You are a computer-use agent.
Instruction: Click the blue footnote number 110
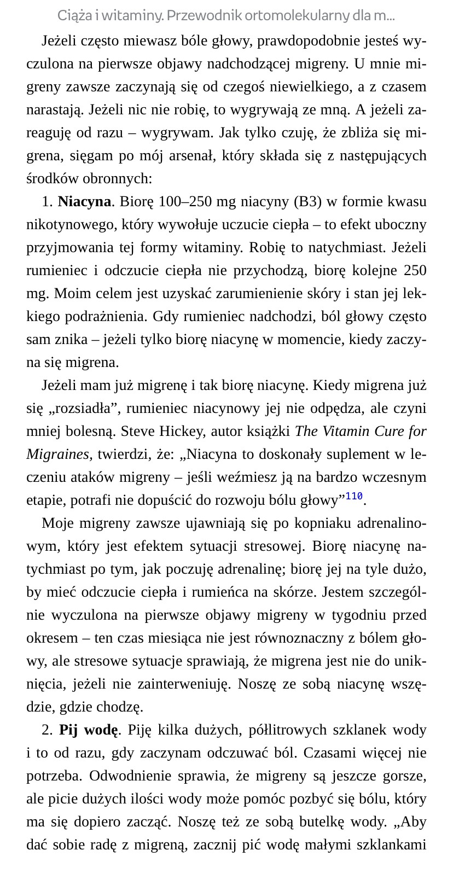pos(354,497)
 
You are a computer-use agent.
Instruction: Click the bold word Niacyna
pos(84,202)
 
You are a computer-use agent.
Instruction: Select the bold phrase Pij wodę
pos(88,730)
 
